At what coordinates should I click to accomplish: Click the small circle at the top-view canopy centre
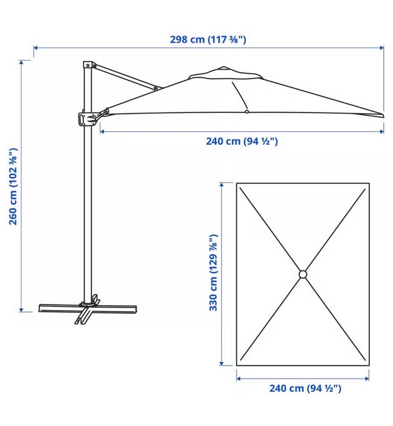click(x=303, y=275)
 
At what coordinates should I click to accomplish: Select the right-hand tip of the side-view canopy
click(x=384, y=115)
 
